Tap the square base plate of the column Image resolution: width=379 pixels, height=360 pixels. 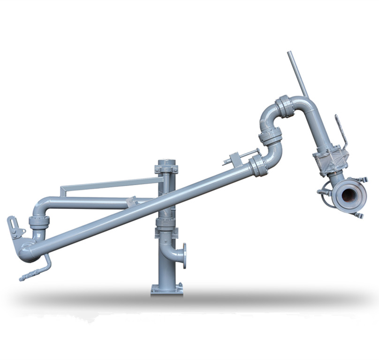click(x=167, y=289)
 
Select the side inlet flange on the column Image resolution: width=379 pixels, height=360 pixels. click(x=184, y=256)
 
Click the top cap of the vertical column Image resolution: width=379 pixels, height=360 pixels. click(x=166, y=163)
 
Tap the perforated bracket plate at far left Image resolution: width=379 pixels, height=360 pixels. click(x=16, y=228)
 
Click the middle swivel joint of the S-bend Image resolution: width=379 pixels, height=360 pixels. click(x=270, y=136)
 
